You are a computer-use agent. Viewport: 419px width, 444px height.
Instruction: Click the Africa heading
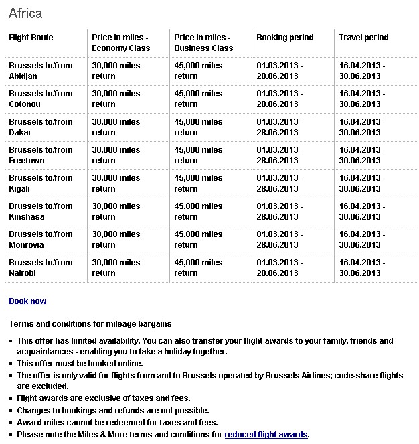click(25, 13)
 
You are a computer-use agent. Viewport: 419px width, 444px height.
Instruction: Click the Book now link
click(27, 301)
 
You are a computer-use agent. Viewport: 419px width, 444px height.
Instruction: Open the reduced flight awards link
click(266, 435)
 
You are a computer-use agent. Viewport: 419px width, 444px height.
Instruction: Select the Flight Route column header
click(31, 38)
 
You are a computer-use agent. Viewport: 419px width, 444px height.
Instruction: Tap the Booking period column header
click(284, 38)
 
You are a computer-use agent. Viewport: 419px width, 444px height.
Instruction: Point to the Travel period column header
click(363, 38)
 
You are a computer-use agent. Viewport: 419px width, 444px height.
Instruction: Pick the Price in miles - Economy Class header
click(120, 43)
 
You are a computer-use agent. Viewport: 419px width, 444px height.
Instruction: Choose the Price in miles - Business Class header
click(202, 43)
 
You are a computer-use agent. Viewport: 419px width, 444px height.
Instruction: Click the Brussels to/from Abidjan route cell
click(40, 71)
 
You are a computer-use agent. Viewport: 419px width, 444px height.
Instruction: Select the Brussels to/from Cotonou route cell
click(40, 99)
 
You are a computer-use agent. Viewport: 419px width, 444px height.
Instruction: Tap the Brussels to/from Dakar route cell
click(40, 127)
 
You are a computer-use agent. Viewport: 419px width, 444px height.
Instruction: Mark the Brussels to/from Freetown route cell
click(40, 155)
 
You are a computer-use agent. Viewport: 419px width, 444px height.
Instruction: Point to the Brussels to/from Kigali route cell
click(40, 183)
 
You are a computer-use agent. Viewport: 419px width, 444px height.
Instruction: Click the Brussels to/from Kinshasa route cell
click(40, 212)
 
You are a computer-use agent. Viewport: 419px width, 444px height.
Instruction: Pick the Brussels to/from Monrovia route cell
click(40, 240)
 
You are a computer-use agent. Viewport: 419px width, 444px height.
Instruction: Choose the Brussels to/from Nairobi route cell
click(40, 268)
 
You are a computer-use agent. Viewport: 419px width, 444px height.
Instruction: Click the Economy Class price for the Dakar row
click(116, 127)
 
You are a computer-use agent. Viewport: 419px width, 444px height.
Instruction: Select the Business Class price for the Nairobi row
click(198, 268)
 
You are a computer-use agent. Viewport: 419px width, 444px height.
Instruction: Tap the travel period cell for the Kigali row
click(361, 183)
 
